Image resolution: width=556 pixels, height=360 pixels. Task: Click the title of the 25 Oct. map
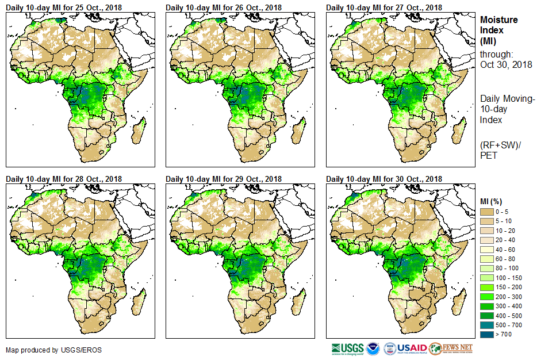[64, 7]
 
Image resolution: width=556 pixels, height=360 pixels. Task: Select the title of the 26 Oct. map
[224, 7]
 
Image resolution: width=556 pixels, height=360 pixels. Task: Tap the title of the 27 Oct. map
[384, 7]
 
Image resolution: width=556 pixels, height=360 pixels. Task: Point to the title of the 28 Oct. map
[64, 179]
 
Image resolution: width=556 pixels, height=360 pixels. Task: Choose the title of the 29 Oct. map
[224, 179]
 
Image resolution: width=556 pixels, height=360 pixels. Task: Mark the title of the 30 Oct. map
[384, 179]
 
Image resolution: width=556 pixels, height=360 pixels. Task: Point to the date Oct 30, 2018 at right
[506, 64]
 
